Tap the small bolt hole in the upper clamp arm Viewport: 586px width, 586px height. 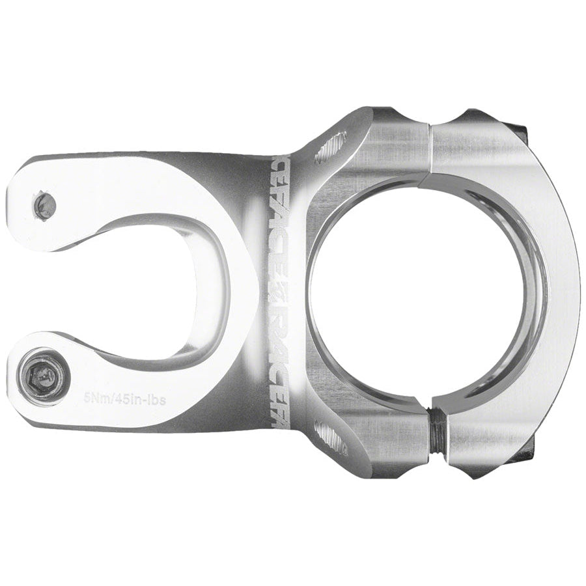pyautogui.click(x=45, y=204)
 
